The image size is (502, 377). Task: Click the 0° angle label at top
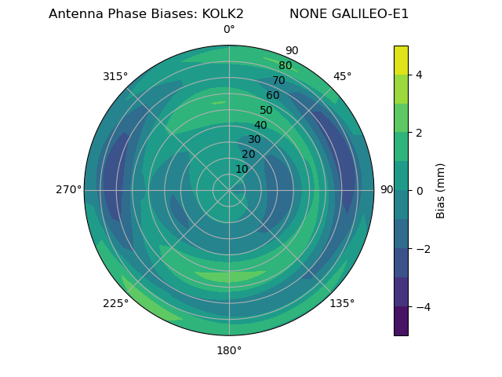[x=229, y=30]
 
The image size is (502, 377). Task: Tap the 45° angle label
[x=342, y=76]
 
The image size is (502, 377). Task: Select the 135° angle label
[x=342, y=304]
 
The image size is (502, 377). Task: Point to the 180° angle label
[x=229, y=350]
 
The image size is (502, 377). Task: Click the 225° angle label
[x=115, y=304]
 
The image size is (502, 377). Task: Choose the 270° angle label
[x=68, y=190]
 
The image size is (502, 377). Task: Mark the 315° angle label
[x=115, y=76]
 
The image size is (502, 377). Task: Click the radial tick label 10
[x=242, y=169]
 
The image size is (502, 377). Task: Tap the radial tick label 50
[x=266, y=110]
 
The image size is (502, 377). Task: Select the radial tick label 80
[x=285, y=65]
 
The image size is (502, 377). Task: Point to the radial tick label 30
[x=254, y=140]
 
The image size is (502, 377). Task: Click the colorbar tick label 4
[x=419, y=75]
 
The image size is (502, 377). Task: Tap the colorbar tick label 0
[x=419, y=191]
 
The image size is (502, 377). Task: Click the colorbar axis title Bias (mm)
[x=441, y=190]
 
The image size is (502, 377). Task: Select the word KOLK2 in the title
[x=220, y=14]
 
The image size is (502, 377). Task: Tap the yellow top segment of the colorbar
[x=401, y=60]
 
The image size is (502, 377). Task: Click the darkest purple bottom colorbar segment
[x=401, y=321]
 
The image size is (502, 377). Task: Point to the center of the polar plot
[x=229, y=190]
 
